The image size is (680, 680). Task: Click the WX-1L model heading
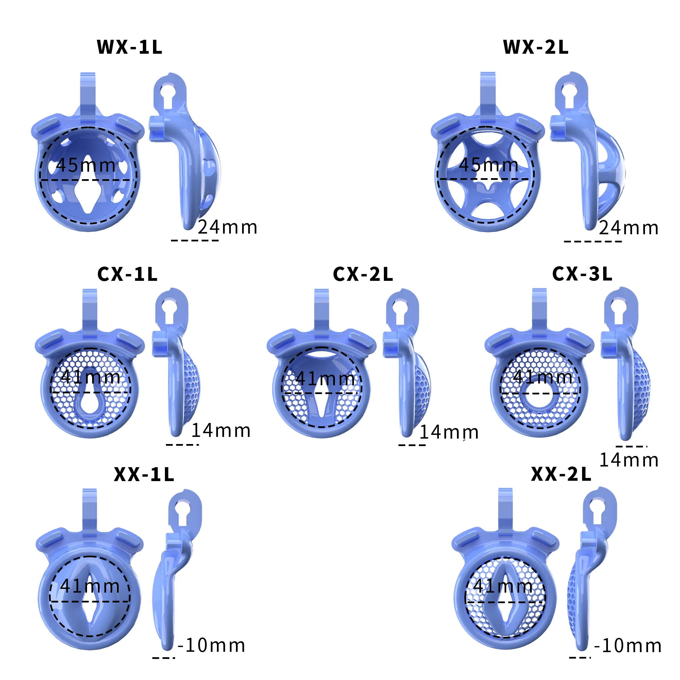130,47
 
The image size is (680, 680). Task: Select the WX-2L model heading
536,47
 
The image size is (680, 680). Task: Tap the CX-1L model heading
128,274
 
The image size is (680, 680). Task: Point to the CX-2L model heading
363,274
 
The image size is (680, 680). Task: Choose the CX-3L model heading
582,273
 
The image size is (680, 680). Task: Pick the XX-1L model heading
144,474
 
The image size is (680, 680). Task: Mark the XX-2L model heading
561,474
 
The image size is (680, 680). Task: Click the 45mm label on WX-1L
86,165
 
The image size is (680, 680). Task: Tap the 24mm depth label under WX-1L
227,227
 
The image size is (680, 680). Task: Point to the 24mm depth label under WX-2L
629,228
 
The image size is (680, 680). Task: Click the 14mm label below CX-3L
629,460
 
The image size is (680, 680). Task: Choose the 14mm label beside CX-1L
221,430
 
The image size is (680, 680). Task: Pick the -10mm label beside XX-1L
211,646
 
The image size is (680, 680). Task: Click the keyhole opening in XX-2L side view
599,509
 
